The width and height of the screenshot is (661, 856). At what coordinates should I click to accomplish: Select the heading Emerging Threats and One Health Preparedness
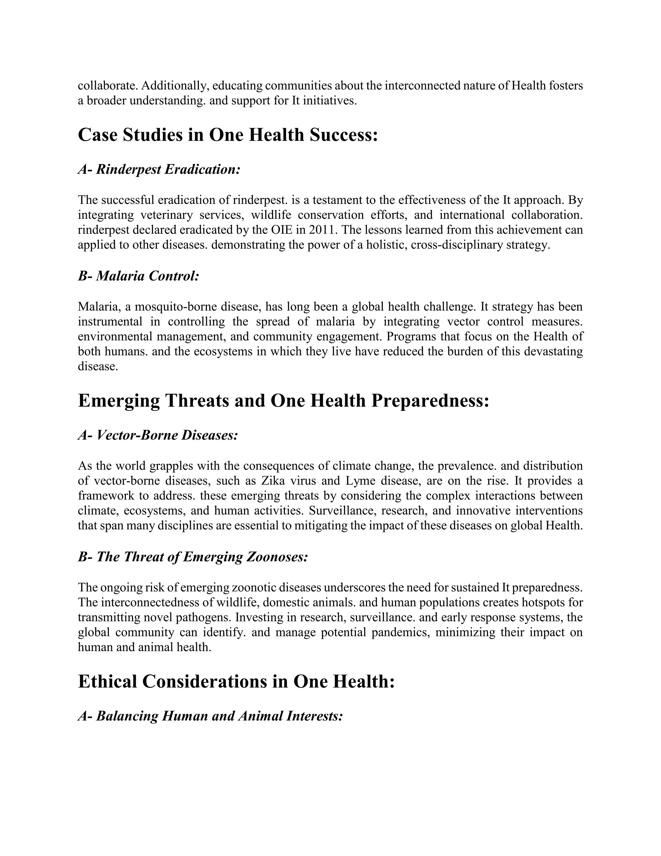[x=283, y=401]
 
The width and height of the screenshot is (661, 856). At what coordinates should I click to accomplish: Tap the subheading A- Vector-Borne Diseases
[x=158, y=435]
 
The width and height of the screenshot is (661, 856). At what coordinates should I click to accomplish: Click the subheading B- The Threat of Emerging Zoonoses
[x=193, y=557]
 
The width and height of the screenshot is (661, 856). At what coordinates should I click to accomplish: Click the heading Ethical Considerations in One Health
[x=236, y=682]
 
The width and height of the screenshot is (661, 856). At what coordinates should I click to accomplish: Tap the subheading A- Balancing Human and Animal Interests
[x=210, y=716]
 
